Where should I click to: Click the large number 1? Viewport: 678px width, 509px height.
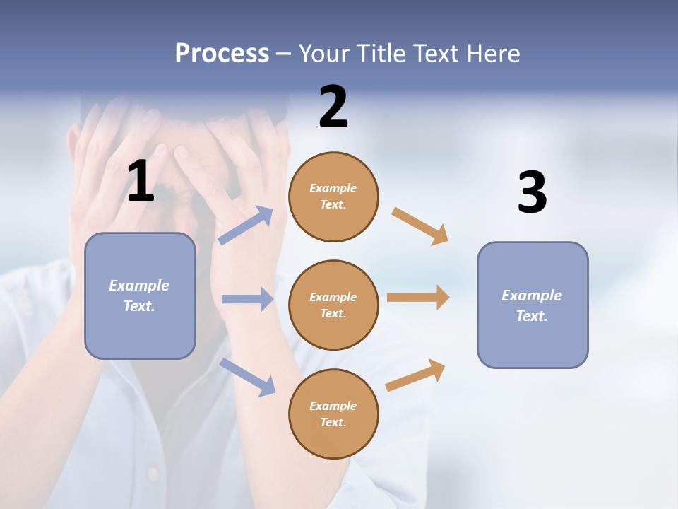tap(141, 181)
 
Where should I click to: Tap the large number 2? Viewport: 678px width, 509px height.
tap(333, 107)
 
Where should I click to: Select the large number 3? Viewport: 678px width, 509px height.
tap(532, 192)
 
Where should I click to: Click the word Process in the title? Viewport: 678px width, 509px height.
tap(222, 54)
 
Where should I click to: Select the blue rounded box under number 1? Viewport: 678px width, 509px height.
tap(140, 296)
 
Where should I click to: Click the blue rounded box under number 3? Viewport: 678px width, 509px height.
tap(533, 305)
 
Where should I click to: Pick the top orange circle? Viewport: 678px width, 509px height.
tap(333, 197)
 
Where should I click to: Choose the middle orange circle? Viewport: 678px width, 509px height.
tap(333, 305)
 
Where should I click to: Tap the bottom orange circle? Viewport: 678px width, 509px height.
tap(333, 414)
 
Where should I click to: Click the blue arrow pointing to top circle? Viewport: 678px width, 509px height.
tap(246, 226)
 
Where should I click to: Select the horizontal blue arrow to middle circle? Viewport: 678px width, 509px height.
tap(247, 299)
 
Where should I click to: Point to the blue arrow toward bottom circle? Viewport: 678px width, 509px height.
tap(247, 376)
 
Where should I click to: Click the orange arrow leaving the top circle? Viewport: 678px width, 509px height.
tap(420, 226)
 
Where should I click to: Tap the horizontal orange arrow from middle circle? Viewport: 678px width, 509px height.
tap(418, 297)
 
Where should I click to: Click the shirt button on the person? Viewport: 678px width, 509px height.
tap(152, 472)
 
